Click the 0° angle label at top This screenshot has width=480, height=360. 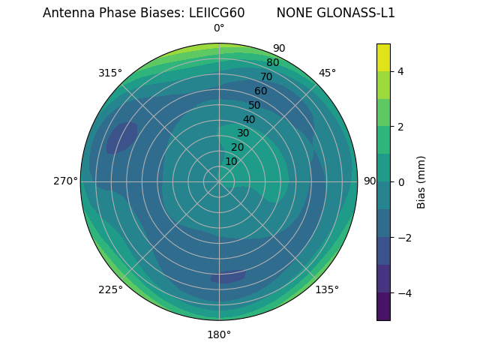point(219,28)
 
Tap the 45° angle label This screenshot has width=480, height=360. point(327,73)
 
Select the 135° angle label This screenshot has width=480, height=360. point(327,289)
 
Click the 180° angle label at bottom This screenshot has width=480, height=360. point(219,334)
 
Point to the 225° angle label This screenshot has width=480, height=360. point(110,289)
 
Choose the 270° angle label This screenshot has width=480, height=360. point(65,181)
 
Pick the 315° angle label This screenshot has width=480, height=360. point(110,73)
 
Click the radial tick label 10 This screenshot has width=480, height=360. point(231,161)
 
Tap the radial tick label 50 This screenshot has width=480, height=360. point(254,105)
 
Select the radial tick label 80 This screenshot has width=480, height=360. point(272,62)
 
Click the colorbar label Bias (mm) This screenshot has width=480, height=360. point(421,181)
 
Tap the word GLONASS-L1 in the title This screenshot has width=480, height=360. point(358,13)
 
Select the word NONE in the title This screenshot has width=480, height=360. point(293,13)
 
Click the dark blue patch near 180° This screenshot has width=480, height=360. point(229,277)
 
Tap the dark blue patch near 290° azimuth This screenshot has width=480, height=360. point(121,138)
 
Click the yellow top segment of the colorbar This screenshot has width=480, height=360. point(383,57)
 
